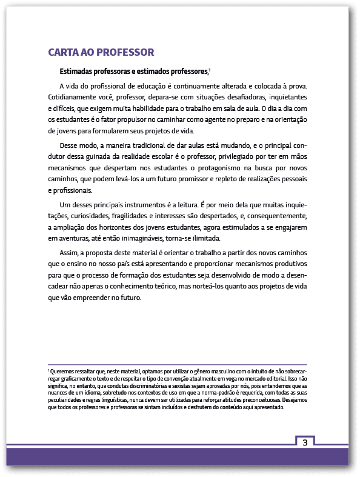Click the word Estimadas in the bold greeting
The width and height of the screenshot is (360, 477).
point(78,71)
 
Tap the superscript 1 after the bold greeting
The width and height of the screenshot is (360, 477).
point(209,70)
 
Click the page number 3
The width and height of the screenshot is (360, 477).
point(305,442)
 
